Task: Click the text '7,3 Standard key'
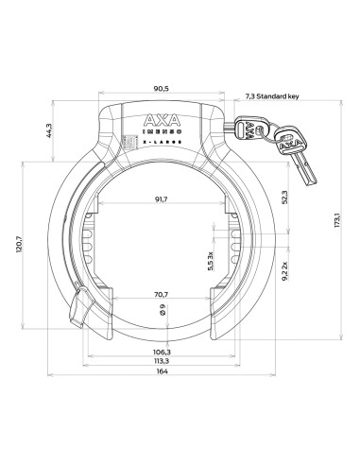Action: (x=272, y=96)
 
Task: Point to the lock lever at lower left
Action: (x=79, y=308)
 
